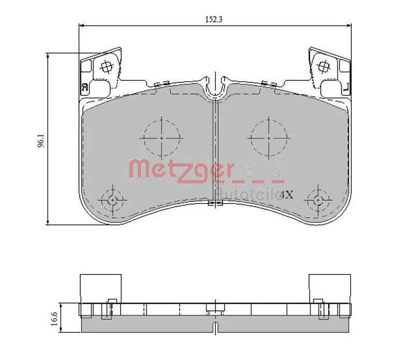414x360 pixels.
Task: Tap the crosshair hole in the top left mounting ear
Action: point(107,66)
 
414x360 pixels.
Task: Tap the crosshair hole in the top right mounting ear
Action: point(324,66)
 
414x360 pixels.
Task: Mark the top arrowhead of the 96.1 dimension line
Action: point(48,54)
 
